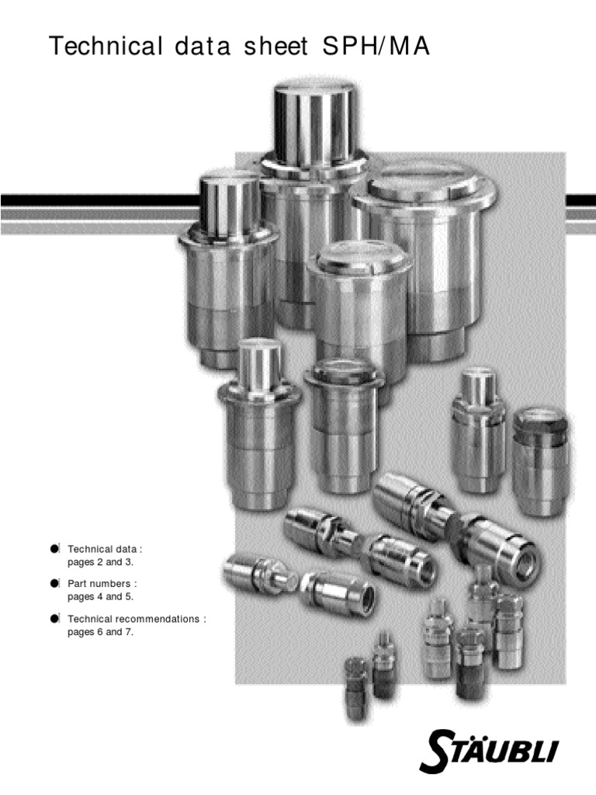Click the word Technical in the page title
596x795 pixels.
click(106, 46)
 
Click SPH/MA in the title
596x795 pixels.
click(376, 46)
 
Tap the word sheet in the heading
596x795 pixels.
click(275, 46)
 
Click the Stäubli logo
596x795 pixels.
click(489, 751)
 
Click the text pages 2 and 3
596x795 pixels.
click(100, 562)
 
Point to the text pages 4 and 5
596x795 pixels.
click(100, 597)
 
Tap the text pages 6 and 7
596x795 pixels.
click(100, 632)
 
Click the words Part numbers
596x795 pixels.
click(99, 584)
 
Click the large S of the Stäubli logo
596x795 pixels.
click(437, 751)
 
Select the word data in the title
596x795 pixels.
click(203, 46)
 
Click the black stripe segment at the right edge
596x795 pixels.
click(580, 201)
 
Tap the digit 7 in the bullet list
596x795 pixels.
click(130, 632)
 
